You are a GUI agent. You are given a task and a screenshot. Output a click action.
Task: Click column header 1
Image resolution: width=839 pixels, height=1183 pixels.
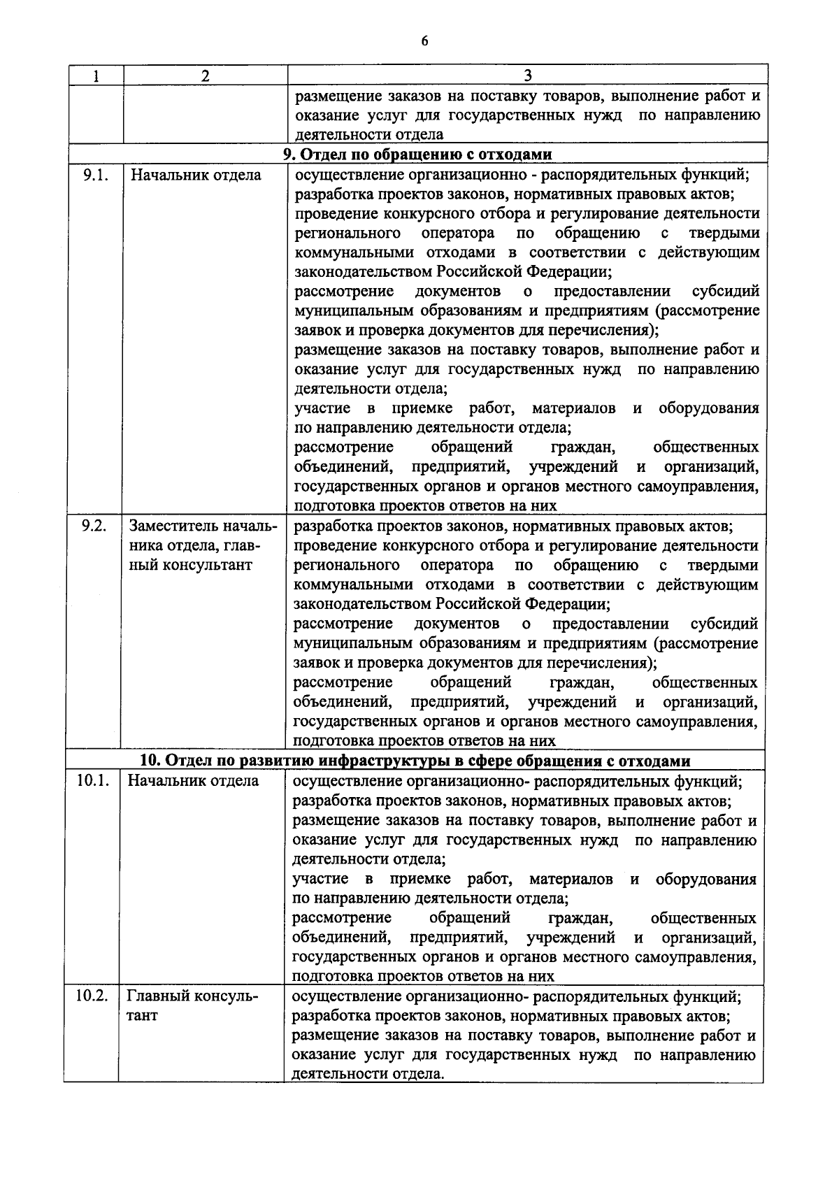(x=95, y=76)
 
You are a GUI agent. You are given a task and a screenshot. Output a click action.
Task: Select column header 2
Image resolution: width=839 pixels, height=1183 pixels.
(x=205, y=76)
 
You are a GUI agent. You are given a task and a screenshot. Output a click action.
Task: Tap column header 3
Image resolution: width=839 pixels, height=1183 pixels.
(x=528, y=76)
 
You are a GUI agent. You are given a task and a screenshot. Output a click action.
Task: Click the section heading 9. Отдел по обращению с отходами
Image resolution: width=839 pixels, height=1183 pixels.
(x=417, y=155)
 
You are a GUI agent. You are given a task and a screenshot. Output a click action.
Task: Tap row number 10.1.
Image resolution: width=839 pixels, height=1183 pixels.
(x=92, y=781)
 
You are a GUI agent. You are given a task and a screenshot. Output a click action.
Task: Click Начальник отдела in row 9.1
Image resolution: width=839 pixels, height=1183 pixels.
(x=196, y=175)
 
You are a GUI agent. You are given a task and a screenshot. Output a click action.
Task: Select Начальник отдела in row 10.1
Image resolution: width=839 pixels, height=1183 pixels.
(x=193, y=781)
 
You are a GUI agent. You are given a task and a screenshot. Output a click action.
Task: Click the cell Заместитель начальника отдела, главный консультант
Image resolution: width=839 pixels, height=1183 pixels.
(x=202, y=545)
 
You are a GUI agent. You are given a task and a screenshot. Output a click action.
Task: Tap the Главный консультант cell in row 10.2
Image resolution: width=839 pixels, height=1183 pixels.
(x=192, y=1005)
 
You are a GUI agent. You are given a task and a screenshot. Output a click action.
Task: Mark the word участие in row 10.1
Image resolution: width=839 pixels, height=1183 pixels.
(x=318, y=879)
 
